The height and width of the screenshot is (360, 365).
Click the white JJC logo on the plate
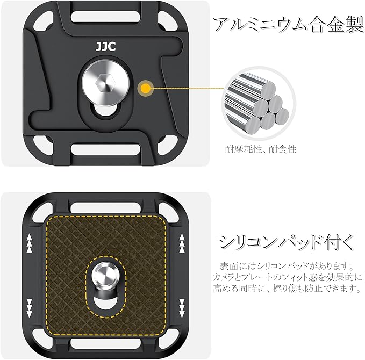(105, 46)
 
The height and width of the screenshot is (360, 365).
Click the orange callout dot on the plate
(146, 88)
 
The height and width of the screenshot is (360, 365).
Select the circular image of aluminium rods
(259, 103)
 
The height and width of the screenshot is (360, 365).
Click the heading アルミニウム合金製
(289, 25)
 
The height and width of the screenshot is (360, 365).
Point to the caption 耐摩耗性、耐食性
(261, 149)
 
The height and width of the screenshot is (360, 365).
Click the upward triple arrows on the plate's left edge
(30, 243)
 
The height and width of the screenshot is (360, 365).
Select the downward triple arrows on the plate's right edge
(182, 308)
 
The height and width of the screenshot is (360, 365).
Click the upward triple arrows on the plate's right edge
(182, 243)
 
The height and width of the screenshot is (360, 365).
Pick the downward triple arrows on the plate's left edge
(30, 308)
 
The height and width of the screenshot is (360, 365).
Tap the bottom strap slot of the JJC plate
(106, 149)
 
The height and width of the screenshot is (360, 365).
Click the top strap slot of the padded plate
(106, 208)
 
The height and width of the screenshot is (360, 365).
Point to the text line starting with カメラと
(288, 277)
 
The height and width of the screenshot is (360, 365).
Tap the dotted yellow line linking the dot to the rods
(188, 89)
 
